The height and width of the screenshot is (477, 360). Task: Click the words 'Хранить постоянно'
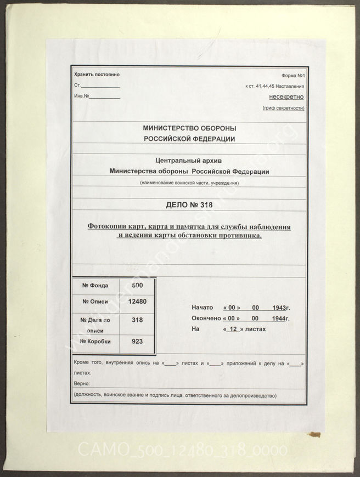click(x=96, y=75)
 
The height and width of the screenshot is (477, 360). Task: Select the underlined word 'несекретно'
click(x=286, y=96)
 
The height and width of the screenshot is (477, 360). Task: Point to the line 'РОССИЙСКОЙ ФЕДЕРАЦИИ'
click(x=189, y=139)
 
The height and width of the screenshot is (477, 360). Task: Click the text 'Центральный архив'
click(x=189, y=161)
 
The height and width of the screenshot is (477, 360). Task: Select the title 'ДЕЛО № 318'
click(x=189, y=205)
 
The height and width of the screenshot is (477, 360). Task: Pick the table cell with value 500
click(x=138, y=285)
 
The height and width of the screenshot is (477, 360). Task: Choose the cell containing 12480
click(x=137, y=301)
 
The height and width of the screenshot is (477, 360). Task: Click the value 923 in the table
click(x=137, y=342)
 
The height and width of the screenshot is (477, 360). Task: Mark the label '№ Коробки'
click(x=96, y=342)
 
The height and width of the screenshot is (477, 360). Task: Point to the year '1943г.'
click(x=280, y=308)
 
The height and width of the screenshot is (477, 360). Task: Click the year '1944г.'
click(x=280, y=319)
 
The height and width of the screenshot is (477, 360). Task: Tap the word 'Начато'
click(x=202, y=308)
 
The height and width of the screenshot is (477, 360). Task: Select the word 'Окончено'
click(x=206, y=319)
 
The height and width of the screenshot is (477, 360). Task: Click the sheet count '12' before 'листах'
click(x=233, y=330)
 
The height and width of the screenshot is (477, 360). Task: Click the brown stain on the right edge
click(x=314, y=434)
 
